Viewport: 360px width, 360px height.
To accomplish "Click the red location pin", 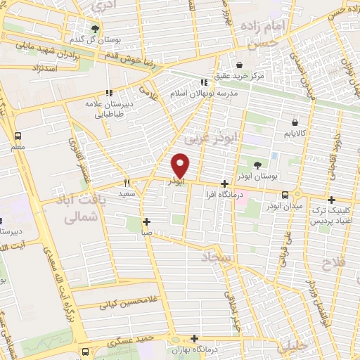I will (x=181, y=165).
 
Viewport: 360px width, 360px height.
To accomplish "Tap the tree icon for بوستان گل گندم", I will (x=95, y=29).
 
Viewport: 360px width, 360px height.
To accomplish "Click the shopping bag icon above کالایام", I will (x=304, y=121).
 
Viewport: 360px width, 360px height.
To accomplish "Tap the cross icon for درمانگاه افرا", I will (x=224, y=183).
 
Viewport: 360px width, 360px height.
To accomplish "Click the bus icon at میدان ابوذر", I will (x=285, y=195).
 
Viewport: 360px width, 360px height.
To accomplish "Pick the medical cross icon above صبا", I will (x=146, y=221).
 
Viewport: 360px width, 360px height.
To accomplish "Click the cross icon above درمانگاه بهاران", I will (x=197, y=338).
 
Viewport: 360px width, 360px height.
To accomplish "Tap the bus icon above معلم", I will (x=18, y=136).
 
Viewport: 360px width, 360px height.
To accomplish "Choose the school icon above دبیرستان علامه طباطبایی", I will (x=108, y=93).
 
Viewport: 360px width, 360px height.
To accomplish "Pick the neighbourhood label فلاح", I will (x=330, y=264).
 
